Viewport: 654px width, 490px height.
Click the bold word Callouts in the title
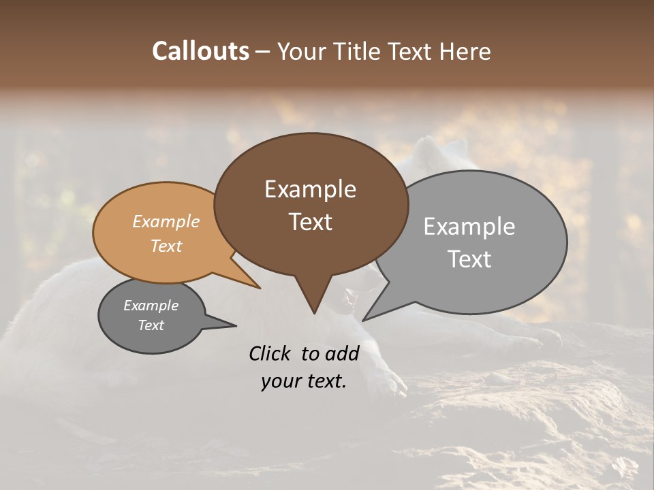[200, 51]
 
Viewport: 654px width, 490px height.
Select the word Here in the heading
[465, 51]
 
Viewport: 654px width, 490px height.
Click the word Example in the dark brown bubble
[310, 189]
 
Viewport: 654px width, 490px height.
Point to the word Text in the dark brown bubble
[310, 222]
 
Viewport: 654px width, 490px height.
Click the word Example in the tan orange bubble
[166, 221]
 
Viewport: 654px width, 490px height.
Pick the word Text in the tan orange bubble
[166, 246]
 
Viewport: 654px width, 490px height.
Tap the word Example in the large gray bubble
[469, 227]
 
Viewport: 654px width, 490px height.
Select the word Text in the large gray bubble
[469, 259]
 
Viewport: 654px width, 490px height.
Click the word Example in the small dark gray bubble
[151, 306]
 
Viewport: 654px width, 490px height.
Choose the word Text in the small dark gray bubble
[151, 325]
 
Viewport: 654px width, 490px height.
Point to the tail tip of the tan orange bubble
[260, 288]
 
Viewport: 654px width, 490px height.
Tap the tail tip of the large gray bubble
[363, 320]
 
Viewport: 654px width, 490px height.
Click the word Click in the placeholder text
[270, 353]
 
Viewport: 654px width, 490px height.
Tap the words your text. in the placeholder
[303, 381]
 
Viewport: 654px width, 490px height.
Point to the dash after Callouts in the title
[263, 51]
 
